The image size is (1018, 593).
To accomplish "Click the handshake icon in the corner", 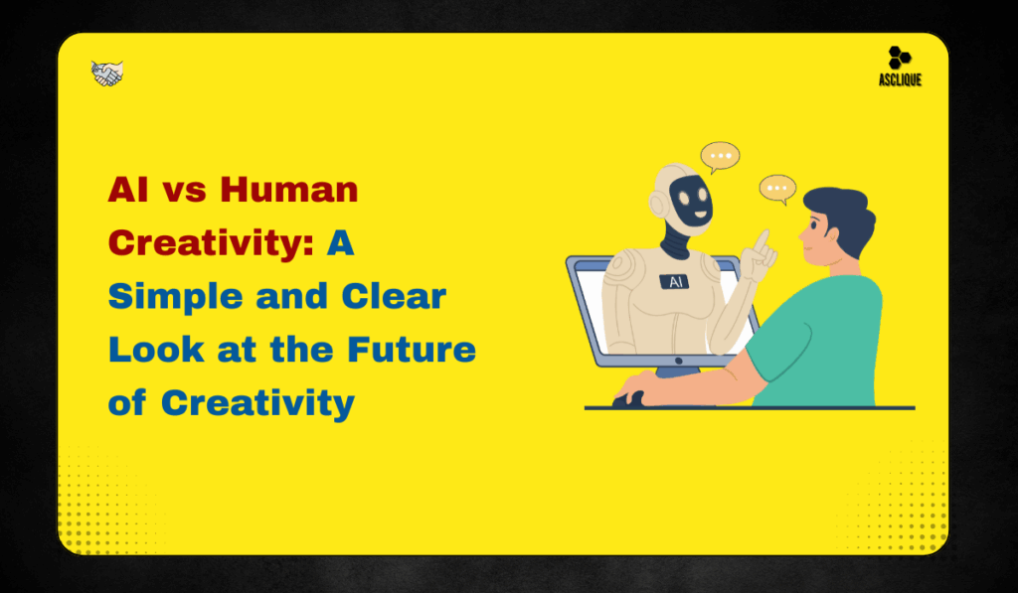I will (x=106, y=73).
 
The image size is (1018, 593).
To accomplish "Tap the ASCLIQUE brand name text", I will (x=899, y=79).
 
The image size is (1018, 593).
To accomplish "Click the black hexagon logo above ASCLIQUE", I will (x=899, y=58).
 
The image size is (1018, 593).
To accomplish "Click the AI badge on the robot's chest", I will (x=674, y=281).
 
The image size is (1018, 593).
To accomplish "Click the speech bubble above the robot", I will (x=720, y=157).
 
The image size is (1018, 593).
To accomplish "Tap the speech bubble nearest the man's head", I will (x=777, y=188).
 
